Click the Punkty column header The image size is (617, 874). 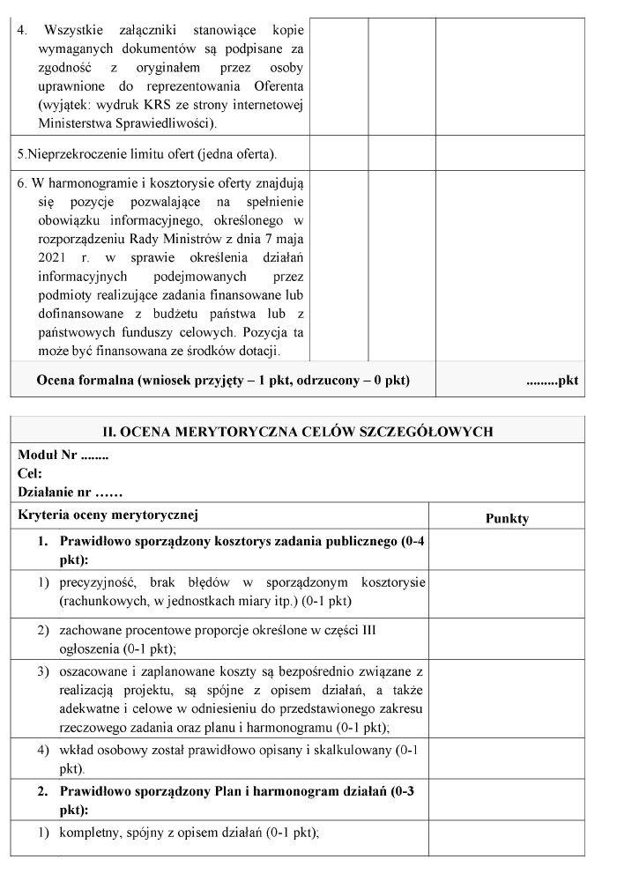[507, 518]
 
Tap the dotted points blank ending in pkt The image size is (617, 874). [552, 381]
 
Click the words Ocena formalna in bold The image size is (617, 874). [80, 380]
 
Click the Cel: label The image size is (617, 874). [31, 473]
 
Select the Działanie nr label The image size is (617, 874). [69, 491]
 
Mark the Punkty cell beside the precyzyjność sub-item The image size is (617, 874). [507, 593]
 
